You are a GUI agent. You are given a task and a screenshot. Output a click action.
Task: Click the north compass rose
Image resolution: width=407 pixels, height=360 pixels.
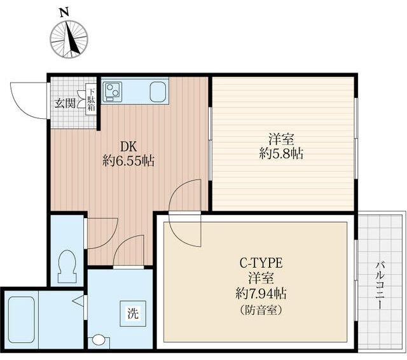point(69,39)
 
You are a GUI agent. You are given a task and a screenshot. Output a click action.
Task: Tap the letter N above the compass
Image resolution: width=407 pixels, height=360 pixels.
point(64,13)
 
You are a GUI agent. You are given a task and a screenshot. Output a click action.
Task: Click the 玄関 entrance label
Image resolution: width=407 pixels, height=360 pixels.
point(65,104)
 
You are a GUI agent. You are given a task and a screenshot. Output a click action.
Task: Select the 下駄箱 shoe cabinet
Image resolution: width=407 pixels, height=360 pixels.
point(91,100)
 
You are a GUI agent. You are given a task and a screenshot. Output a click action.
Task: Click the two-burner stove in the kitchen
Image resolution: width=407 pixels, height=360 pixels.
point(113,92)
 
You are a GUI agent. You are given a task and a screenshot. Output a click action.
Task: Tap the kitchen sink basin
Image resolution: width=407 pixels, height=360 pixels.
point(158,92)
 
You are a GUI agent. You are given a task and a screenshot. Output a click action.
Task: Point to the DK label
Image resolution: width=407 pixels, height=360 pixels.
point(128,147)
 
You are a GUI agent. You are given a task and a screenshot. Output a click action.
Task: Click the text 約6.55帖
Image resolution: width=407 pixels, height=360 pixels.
point(128,161)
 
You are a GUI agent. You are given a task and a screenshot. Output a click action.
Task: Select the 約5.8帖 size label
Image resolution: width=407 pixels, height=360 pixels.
point(281,154)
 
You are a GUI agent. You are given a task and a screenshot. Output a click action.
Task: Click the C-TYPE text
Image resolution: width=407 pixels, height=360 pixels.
point(261,263)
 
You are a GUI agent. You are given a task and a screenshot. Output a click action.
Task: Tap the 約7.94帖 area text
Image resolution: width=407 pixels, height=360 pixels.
point(261,294)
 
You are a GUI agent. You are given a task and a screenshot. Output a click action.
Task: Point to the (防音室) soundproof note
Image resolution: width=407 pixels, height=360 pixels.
point(261,310)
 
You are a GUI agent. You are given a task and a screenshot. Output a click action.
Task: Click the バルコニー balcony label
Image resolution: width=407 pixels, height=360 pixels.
point(380,286)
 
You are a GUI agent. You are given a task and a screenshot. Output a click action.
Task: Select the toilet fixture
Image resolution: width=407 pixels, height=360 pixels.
point(67,267)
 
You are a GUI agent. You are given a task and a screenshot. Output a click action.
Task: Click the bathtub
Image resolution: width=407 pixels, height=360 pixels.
point(21,320)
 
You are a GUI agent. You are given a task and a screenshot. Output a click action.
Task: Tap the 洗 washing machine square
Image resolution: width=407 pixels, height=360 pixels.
point(133,314)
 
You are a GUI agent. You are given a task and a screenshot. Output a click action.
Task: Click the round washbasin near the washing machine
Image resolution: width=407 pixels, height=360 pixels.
point(99,340)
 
